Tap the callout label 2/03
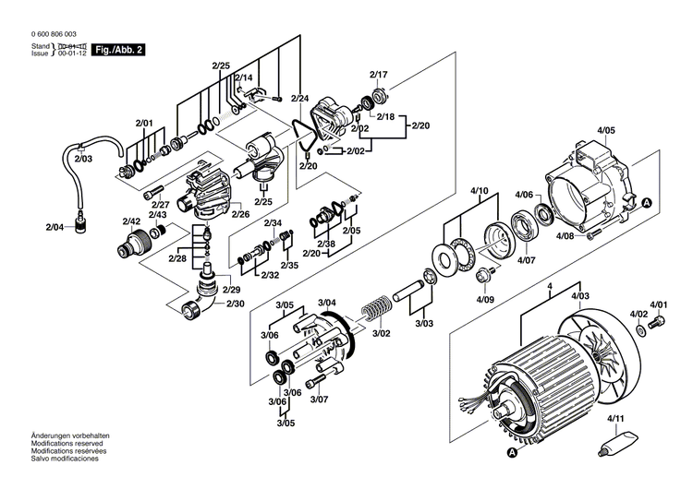click(84, 159)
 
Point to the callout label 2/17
click(379, 74)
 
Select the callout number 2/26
click(240, 214)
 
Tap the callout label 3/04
click(327, 304)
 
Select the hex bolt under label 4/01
click(658, 322)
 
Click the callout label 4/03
click(580, 295)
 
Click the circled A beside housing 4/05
click(647, 202)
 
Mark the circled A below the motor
click(513, 452)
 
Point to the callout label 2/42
click(131, 221)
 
